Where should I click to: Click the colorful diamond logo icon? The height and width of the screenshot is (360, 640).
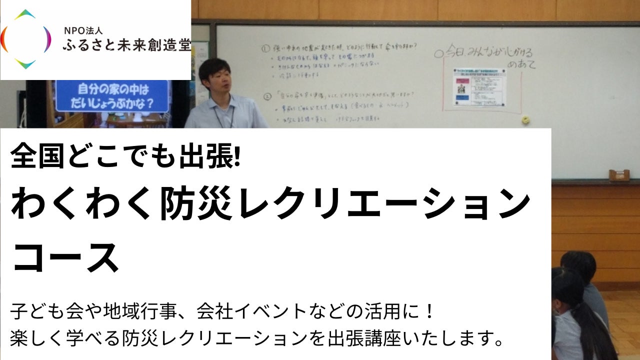tap(25, 39)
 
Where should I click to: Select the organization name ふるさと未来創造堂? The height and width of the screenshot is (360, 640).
tap(126, 46)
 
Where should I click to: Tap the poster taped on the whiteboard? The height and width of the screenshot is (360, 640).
tap(479, 87)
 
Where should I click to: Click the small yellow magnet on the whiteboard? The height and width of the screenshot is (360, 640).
tap(525, 120)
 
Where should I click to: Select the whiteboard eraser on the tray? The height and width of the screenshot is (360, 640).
tap(619, 175)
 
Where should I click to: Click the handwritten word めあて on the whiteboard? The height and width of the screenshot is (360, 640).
tap(520, 64)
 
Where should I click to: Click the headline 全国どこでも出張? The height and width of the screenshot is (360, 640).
tap(125, 155)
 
